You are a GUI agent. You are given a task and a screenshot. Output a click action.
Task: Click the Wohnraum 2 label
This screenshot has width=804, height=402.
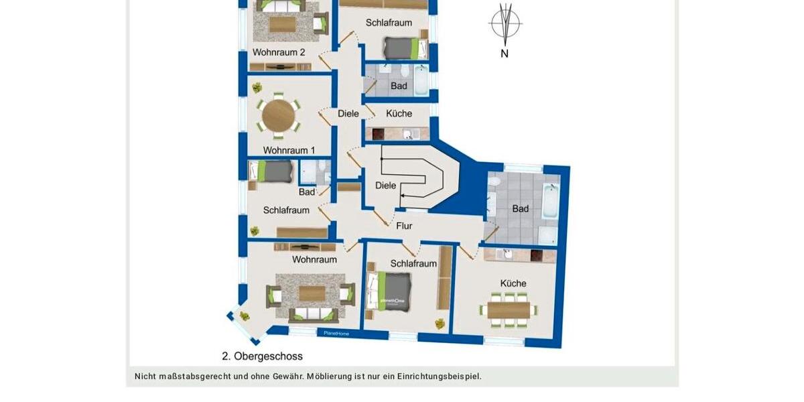(279, 52)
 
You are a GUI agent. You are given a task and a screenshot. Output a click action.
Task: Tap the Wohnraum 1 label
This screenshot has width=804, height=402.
(289, 150)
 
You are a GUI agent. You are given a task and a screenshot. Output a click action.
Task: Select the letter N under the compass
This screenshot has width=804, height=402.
(505, 54)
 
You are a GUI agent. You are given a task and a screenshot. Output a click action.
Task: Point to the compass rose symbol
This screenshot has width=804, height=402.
(505, 23)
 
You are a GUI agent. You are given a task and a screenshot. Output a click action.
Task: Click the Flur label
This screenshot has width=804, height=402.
(404, 226)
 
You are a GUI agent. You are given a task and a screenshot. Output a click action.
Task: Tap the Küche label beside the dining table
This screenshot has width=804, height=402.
(513, 283)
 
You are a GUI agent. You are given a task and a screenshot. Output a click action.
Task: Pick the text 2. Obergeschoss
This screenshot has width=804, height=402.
(262, 356)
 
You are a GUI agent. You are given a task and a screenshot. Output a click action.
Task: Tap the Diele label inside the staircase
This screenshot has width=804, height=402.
(385, 186)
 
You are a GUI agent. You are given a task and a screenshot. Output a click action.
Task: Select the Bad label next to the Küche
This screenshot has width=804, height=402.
(399, 86)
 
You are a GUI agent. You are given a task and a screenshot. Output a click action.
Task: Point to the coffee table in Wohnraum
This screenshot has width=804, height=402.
(311, 293)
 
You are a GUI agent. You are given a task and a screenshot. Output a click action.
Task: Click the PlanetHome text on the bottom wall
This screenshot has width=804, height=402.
(336, 333)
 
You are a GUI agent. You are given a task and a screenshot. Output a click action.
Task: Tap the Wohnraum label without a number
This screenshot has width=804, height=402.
(314, 259)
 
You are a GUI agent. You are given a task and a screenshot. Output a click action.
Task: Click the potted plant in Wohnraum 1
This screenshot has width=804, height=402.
(256, 87)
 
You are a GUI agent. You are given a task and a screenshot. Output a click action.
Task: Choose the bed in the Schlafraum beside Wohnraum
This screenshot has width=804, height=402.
(390, 291)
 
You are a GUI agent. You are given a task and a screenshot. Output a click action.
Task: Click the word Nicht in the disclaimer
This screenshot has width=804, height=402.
(145, 377)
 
